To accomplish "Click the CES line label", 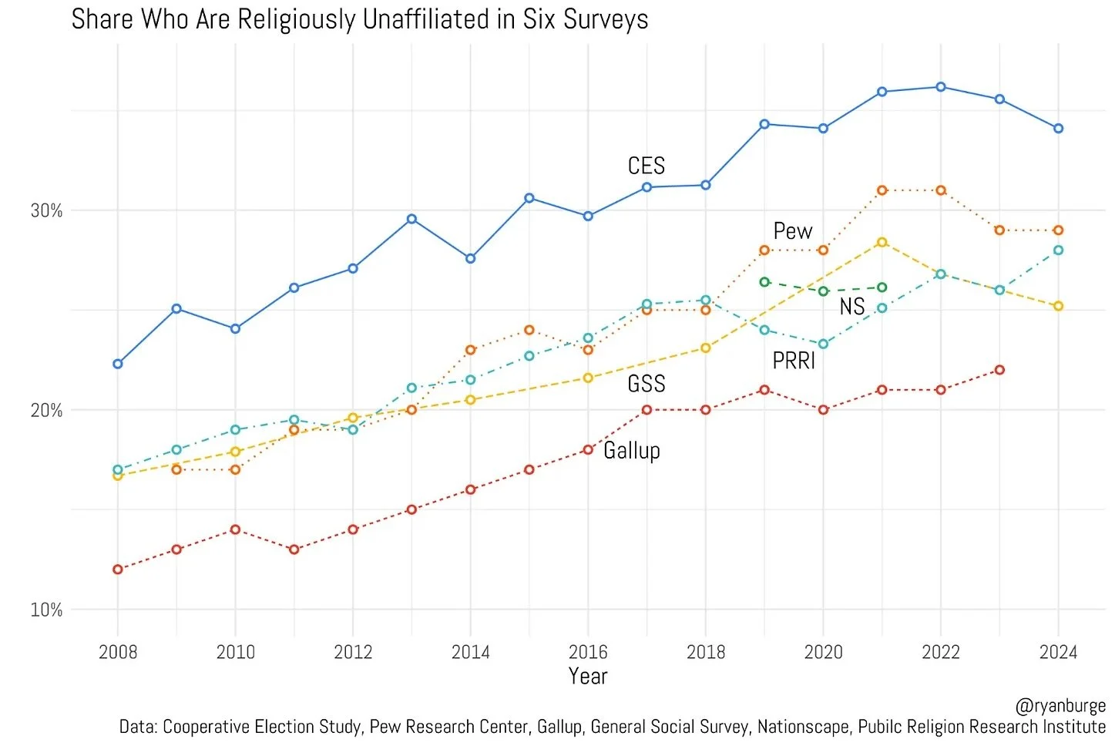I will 646,166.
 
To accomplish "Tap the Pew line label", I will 793,231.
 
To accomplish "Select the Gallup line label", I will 632,450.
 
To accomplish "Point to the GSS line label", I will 646,384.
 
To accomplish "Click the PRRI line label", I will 794,361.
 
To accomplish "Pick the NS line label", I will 852,307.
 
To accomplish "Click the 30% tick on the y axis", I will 46,210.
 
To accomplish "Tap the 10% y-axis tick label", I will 46,610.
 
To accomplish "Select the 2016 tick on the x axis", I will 588,652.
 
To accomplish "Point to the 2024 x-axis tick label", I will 1058,652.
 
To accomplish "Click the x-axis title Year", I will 588,677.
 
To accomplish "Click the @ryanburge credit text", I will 1060,706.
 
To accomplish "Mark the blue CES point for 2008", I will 118,364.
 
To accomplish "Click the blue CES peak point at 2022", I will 941,87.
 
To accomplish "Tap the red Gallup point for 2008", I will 118,570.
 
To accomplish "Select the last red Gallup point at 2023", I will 999,370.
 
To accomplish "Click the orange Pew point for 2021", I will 882,190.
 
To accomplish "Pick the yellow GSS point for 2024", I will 1058,306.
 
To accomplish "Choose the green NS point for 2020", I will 823,291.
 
